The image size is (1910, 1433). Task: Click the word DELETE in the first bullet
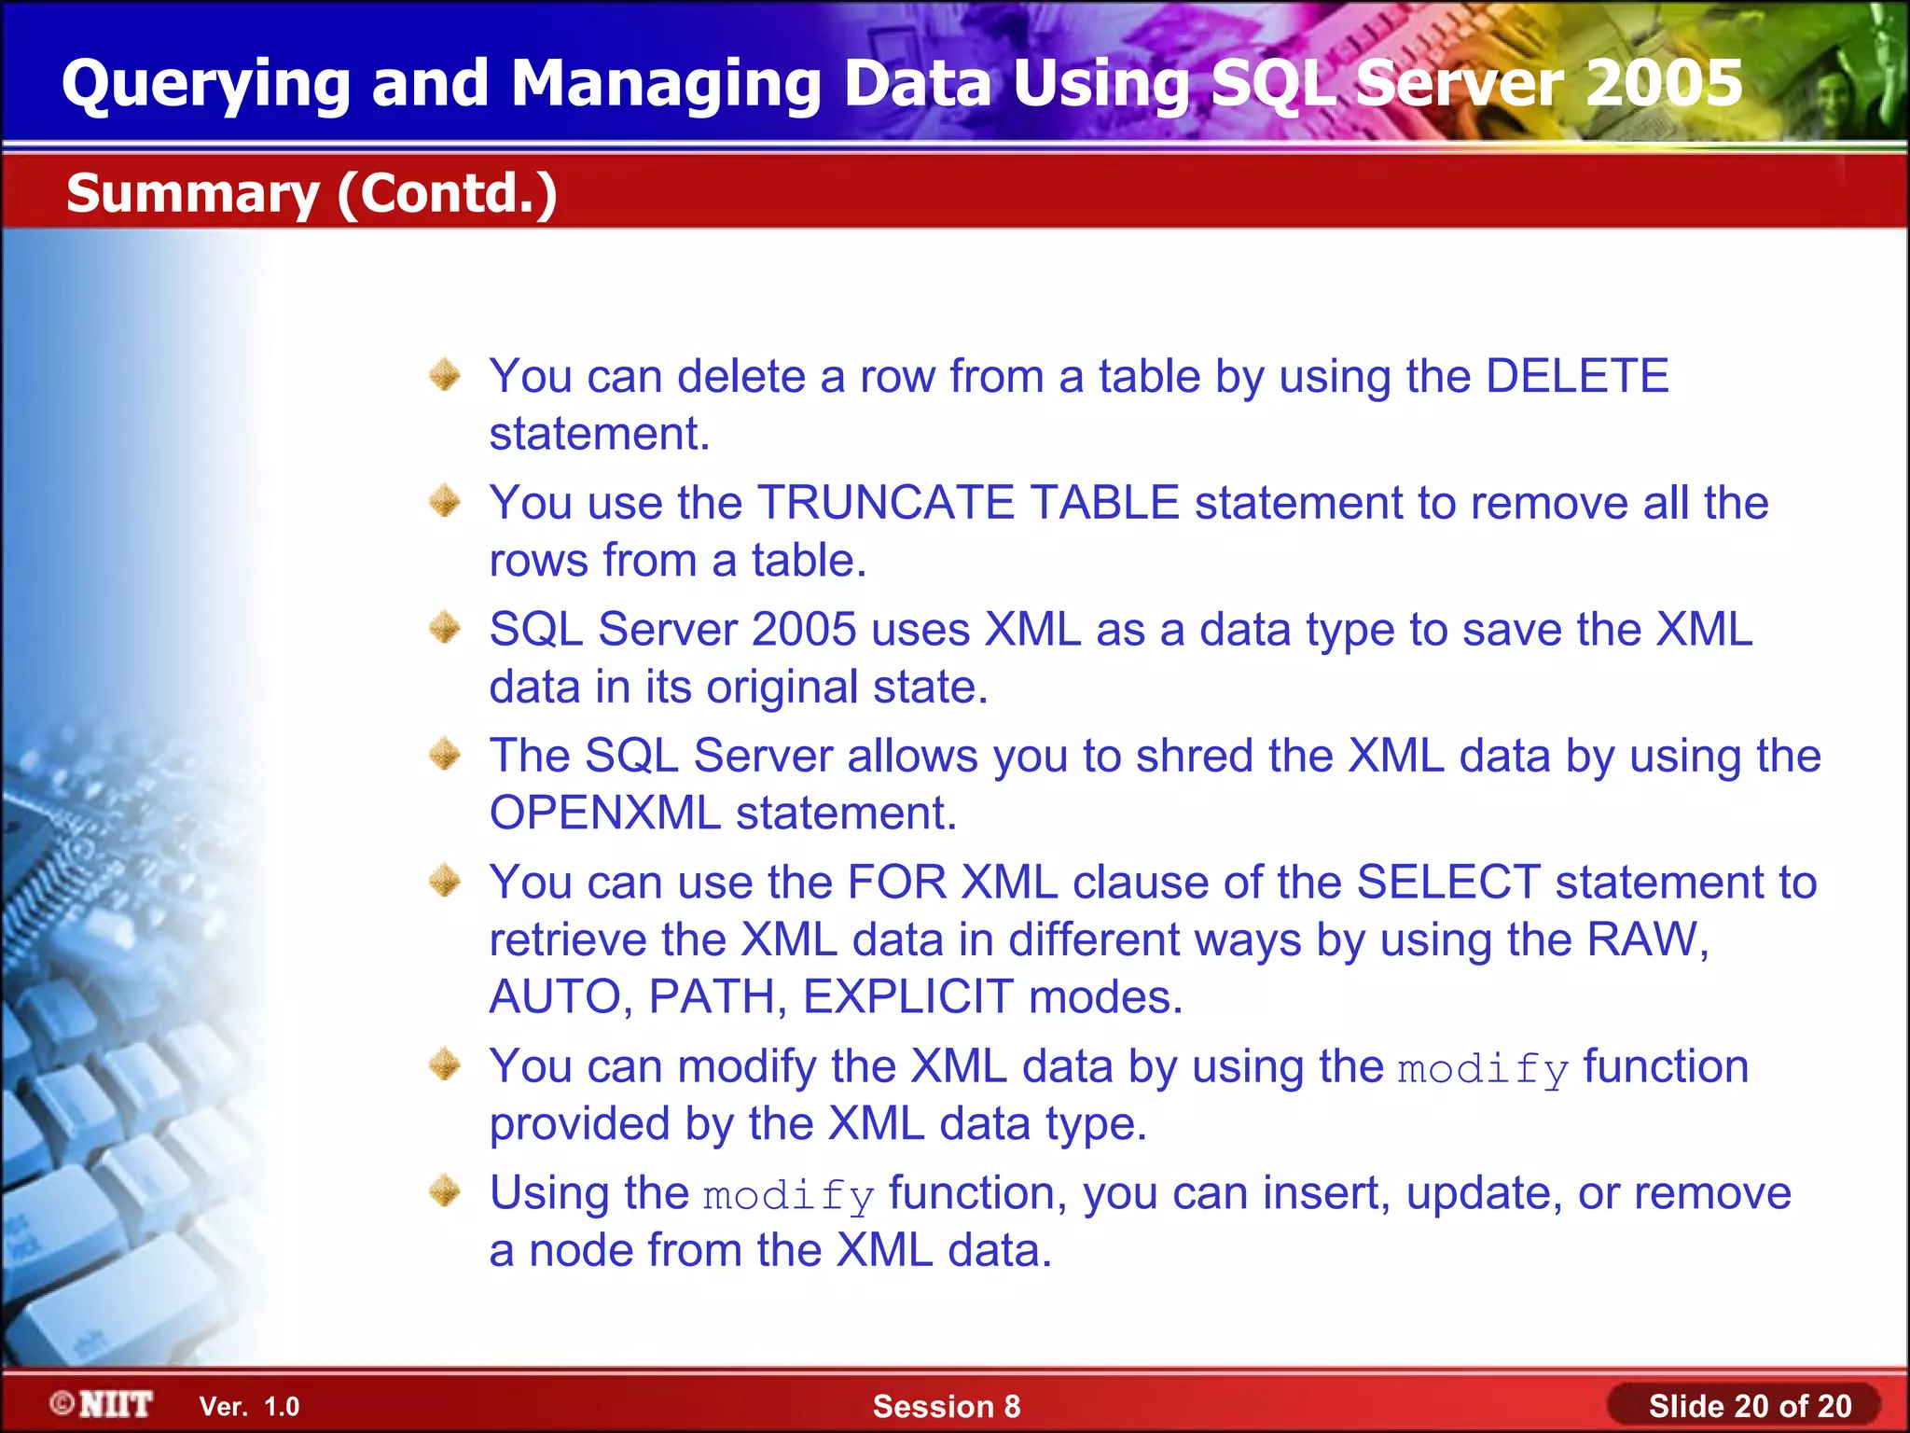click(1576, 377)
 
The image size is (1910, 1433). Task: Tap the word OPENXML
click(604, 813)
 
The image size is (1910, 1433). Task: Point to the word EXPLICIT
click(907, 996)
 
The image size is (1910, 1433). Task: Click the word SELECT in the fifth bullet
click(1448, 883)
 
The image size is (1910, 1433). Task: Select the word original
click(782, 688)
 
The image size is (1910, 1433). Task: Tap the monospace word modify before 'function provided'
click(1483, 1069)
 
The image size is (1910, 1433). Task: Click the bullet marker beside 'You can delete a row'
click(445, 375)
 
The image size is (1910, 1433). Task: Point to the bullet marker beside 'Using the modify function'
click(445, 1191)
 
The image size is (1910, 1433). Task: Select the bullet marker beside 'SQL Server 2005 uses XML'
click(445, 628)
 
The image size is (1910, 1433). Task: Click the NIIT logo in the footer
click(103, 1405)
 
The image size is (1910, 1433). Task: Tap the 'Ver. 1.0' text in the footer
click(249, 1407)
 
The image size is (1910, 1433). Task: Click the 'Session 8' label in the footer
click(947, 1407)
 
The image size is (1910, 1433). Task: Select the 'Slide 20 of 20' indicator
click(1750, 1406)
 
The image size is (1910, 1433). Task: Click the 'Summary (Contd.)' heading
click(311, 193)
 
